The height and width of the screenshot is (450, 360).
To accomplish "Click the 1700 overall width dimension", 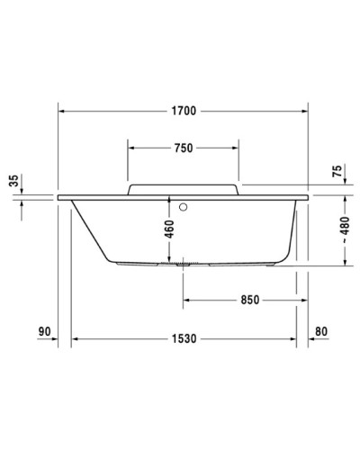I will point(184,112).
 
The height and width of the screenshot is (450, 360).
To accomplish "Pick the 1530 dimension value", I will point(184,338).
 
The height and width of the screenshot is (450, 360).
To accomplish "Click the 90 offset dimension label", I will point(44,333).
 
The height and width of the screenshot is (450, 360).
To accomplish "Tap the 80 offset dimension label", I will point(321,333).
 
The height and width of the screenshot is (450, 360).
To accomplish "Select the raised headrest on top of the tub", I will point(183,187).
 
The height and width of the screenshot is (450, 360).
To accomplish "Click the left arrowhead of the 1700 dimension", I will point(62,112).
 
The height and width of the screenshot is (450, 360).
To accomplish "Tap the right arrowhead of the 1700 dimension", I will point(304,112).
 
